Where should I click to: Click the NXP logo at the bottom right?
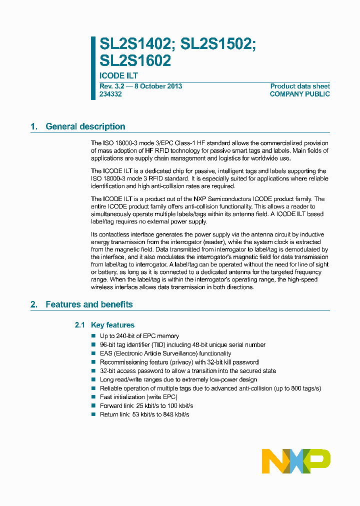pos(296,461)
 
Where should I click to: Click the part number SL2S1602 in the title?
pos(135,60)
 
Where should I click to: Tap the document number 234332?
pos(110,94)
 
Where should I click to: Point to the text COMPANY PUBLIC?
pos(299,94)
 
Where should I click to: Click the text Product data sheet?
pos(300,86)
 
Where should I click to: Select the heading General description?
pos(85,126)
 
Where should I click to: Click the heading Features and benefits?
pos(89,304)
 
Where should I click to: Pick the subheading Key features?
pos(112,325)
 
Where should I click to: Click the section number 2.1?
pos(80,325)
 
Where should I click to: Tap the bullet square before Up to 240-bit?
pos(93,336)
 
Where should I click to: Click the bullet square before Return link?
pos(93,414)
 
